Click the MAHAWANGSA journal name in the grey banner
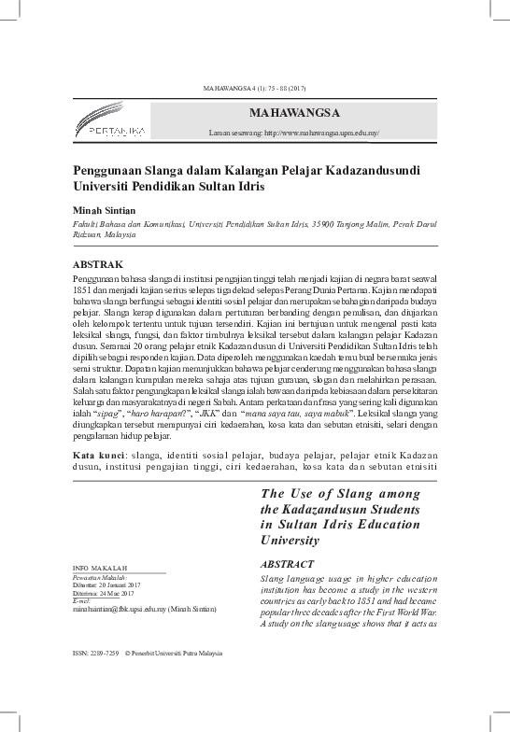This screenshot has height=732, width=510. pyautogui.click(x=294, y=113)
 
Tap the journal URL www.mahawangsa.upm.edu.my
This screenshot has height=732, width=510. pyautogui.click(x=322, y=134)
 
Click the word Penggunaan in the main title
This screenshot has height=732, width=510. pyautogui.click(x=118, y=172)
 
